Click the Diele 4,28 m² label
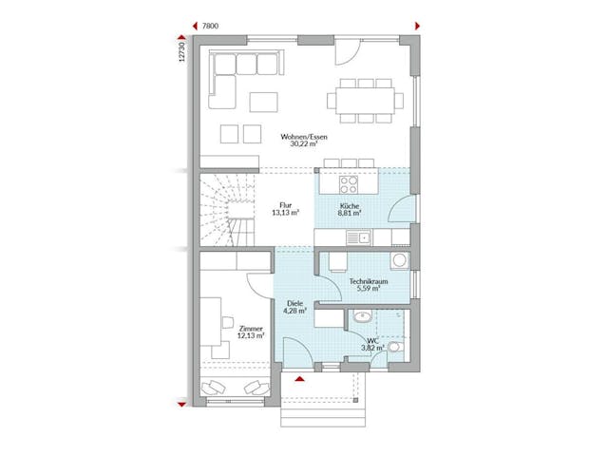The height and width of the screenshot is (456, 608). coord(293,307)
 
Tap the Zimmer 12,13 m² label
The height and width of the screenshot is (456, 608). coord(250,331)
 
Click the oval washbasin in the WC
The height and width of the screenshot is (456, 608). coord(361,317)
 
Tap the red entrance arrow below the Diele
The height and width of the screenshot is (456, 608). coord(301,380)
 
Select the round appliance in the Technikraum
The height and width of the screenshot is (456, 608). coord(400,259)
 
